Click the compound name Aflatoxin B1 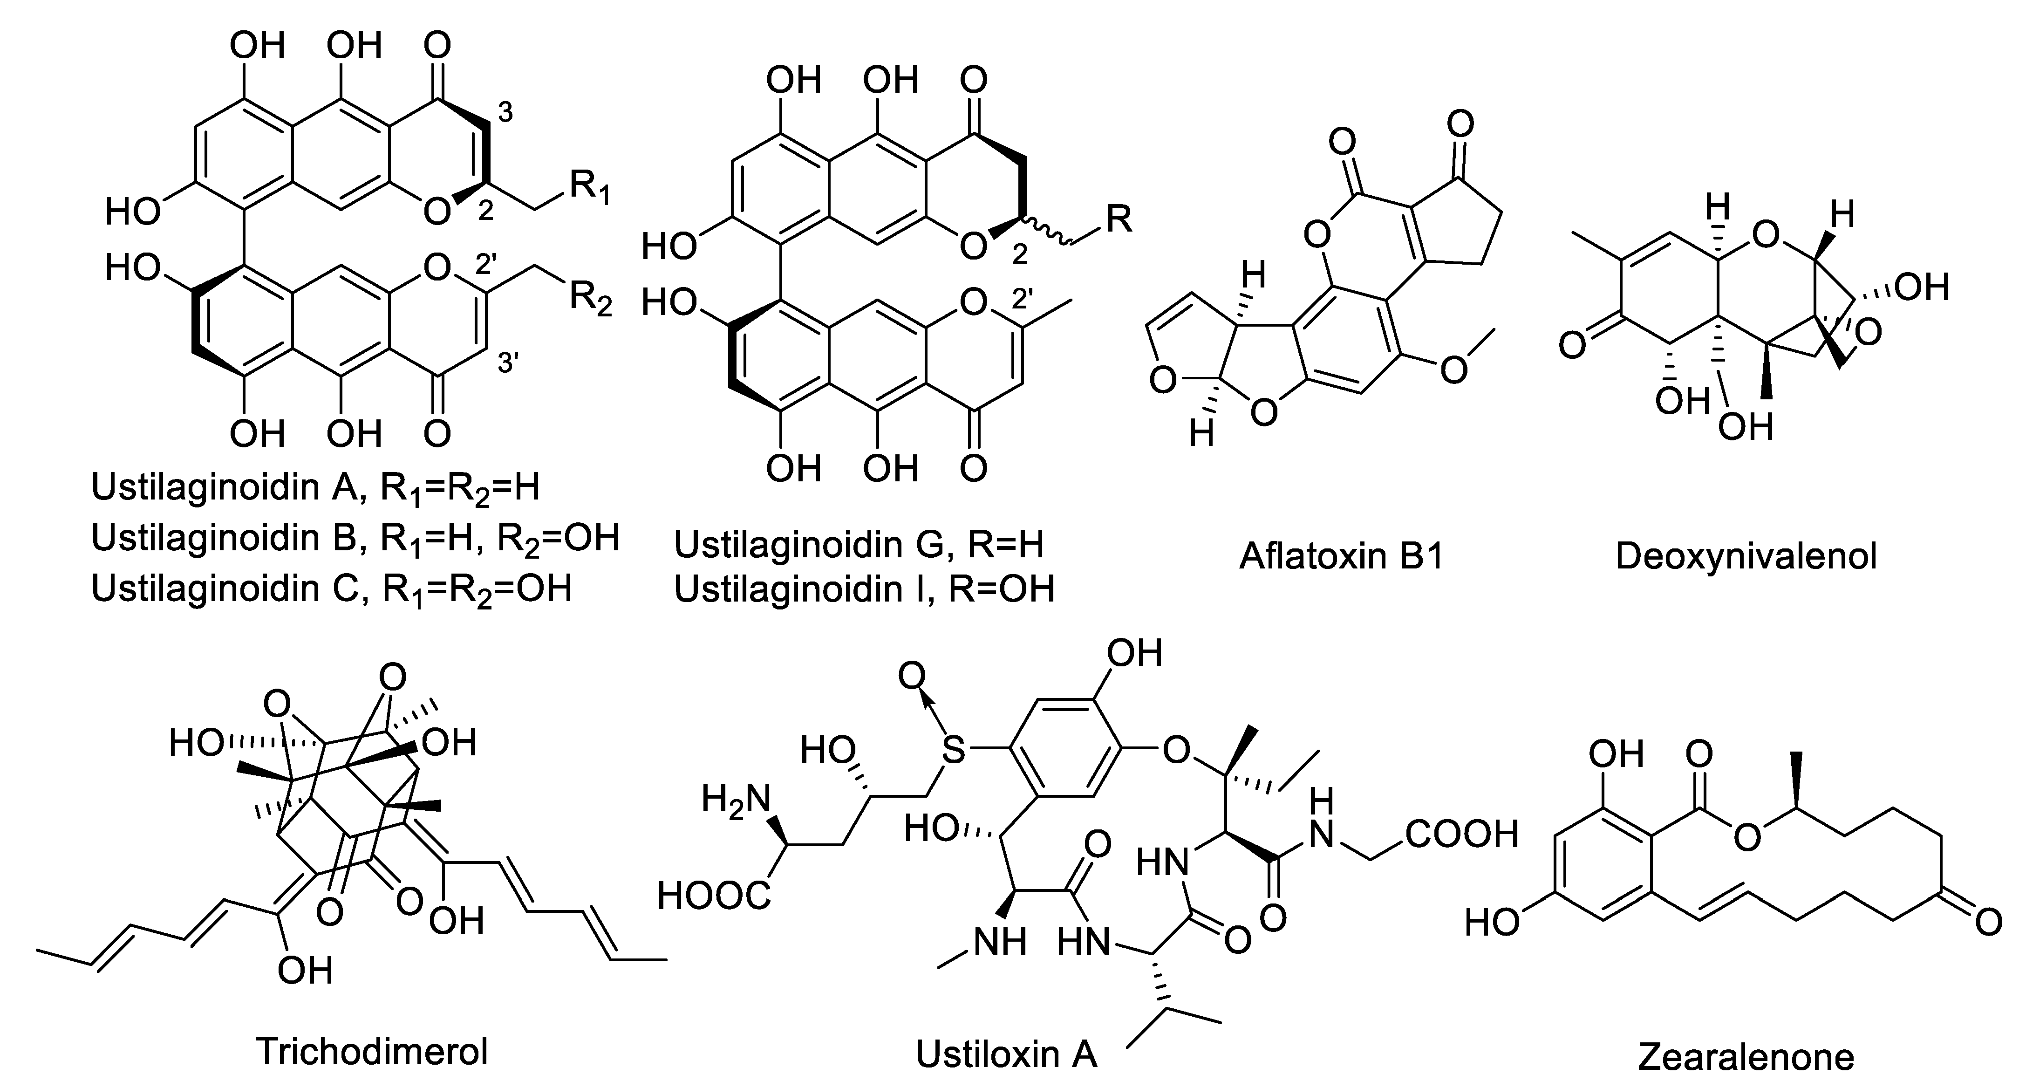pos(1342,557)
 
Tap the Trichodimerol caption pos(372,1051)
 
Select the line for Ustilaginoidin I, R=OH pos(864,589)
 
